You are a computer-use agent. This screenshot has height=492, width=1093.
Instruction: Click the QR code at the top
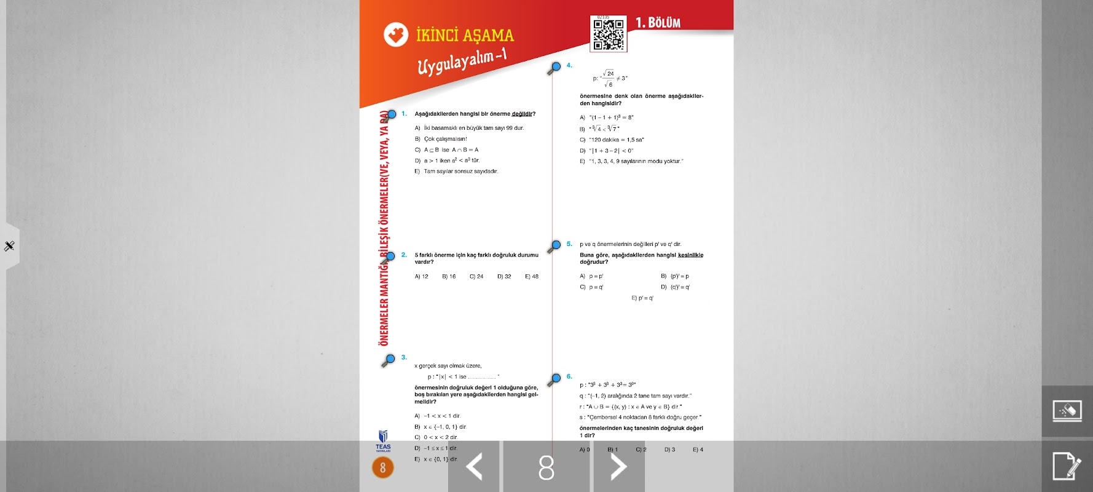(609, 33)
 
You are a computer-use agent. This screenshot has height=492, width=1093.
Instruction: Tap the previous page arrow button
(474, 467)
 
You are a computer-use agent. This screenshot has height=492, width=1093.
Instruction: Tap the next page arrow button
(618, 467)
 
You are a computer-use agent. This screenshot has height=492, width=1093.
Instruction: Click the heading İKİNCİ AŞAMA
(465, 35)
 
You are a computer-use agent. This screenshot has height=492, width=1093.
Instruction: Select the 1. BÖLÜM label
(658, 23)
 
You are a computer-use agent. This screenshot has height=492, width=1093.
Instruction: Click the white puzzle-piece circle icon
(396, 34)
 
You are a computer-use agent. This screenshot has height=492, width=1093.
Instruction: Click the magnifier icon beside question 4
(554, 68)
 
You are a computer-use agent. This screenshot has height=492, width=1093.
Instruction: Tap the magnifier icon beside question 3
(389, 360)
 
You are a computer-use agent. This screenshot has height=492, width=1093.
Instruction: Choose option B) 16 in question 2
(449, 277)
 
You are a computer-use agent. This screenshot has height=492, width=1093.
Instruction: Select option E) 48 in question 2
(532, 277)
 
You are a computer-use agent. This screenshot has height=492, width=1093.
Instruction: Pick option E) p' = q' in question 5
(642, 298)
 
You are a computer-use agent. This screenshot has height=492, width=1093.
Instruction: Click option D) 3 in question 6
(669, 450)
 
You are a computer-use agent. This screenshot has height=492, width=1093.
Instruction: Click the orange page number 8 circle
(383, 468)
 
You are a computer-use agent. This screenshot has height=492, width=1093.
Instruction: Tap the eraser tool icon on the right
(1067, 411)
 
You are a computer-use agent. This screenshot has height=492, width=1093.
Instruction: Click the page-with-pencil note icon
(1067, 466)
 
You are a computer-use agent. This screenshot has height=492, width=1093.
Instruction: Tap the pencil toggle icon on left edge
(9, 246)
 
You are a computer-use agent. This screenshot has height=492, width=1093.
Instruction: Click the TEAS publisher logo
(383, 440)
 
